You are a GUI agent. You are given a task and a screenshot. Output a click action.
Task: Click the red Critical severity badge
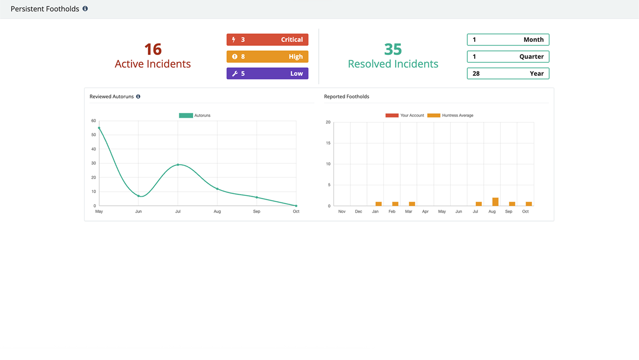click(267, 39)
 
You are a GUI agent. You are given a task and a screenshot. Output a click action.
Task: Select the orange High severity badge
click(267, 56)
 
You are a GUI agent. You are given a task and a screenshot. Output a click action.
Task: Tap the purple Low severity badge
click(267, 73)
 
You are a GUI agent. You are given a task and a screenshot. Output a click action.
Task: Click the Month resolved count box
click(508, 39)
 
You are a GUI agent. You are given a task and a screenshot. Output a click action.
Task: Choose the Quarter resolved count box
click(508, 56)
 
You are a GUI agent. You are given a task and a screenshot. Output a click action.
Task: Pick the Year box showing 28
click(508, 73)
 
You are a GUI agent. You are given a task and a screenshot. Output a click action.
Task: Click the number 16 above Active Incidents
click(153, 49)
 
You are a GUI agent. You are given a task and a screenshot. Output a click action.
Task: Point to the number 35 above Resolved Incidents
click(393, 49)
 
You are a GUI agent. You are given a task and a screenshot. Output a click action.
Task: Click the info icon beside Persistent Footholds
click(85, 8)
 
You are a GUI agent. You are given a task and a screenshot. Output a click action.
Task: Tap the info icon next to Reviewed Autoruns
click(138, 96)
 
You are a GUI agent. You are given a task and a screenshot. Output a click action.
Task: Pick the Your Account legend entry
click(404, 115)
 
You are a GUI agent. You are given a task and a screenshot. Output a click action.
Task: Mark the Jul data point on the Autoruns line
click(178, 165)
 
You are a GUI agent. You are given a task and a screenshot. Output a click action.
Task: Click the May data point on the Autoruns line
click(99, 128)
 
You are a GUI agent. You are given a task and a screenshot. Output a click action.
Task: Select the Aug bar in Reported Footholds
click(495, 202)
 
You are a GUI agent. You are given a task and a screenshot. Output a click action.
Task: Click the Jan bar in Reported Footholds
click(378, 204)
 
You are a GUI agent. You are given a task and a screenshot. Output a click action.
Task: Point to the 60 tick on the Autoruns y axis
click(93, 121)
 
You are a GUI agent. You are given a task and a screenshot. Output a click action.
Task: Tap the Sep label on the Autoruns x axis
click(257, 212)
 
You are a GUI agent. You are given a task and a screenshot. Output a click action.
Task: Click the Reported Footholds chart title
click(346, 96)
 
